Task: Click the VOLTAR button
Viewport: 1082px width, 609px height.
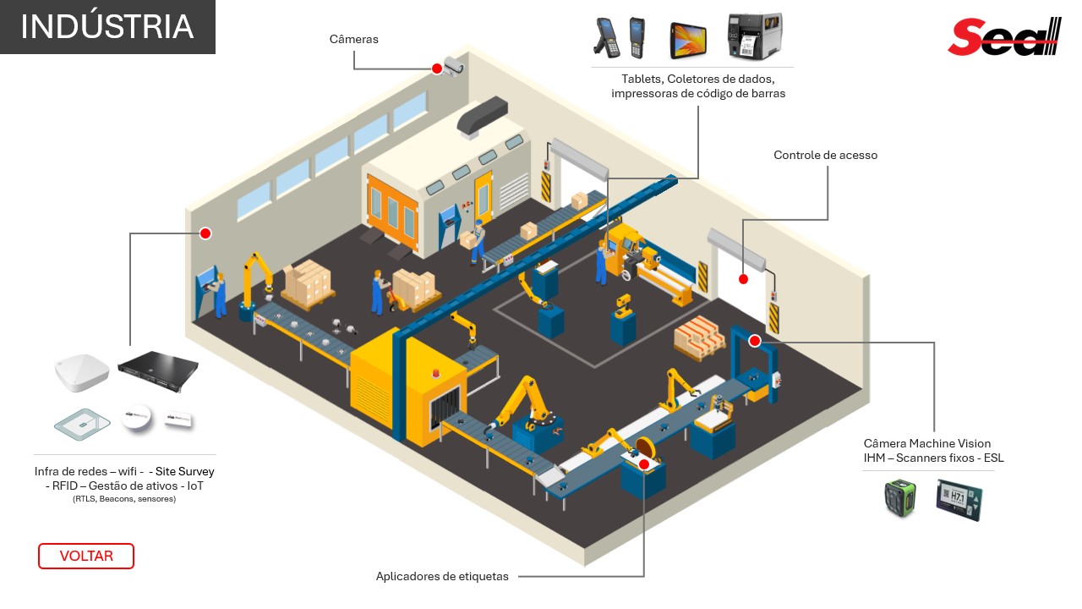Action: pyautogui.click(x=86, y=556)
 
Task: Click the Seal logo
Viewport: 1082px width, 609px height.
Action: pyautogui.click(x=1003, y=37)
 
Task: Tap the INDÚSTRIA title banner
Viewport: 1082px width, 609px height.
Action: pyautogui.click(x=107, y=27)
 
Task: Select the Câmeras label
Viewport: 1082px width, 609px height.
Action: pyautogui.click(x=353, y=39)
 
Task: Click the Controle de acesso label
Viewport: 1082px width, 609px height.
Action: pyautogui.click(x=825, y=156)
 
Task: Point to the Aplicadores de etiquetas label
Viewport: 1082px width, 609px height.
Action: pyautogui.click(x=442, y=577)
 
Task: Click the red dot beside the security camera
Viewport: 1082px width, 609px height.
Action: pyautogui.click(x=437, y=69)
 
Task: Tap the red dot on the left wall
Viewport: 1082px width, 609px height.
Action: pyautogui.click(x=205, y=233)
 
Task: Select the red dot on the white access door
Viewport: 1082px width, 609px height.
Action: pyautogui.click(x=743, y=279)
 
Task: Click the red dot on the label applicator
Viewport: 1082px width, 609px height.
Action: pyautogui.click(x=644, y=464)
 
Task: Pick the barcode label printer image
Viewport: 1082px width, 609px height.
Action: pyautogui.click(x=755, y=36)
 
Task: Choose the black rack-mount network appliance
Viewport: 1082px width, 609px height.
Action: pyautogui.click(x=158, y=365)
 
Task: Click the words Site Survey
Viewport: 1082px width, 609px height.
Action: pyautogui.click(x=184, y=471)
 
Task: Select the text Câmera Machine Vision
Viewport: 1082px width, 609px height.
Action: pyautogui.click(x=926, y=443)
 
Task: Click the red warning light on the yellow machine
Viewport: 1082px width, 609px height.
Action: pyautogui.click(x=438, y=371)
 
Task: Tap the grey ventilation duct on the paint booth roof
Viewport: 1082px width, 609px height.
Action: pyautogui.click(x=483, y=114)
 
